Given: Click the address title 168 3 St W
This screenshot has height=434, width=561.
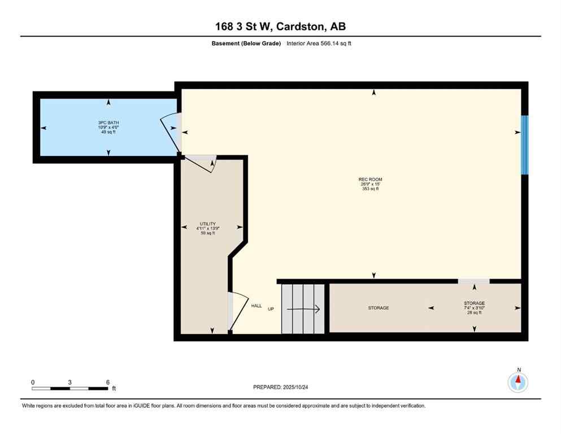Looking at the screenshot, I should click(280, 26).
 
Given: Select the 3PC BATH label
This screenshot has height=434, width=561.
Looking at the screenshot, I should click(108, 123).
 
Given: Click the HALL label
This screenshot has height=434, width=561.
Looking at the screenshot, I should click(256, 306).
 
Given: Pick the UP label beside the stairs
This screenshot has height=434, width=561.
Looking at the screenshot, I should click(271, 309).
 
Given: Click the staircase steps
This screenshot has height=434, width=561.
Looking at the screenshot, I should click(303, 309).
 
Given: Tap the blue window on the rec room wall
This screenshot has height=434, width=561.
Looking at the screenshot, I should click(524, 145).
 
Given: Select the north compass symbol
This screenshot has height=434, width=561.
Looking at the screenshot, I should click(517, 381).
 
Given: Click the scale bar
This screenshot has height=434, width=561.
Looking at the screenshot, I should click(69, 388).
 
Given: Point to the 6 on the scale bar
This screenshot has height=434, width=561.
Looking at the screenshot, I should click(107, 382).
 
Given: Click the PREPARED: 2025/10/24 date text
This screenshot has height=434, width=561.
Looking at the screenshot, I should click(280, 387).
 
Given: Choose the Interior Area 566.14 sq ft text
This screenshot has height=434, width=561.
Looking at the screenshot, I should click(319, 44).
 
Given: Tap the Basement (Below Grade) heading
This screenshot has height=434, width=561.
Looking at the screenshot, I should click(246, 44).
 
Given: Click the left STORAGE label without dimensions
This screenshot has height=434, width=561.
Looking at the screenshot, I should click(378, 308).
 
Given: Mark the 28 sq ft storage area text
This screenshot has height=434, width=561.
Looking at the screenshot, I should click(474, 313).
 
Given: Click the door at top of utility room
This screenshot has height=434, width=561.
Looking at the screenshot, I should click(201, 162).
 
